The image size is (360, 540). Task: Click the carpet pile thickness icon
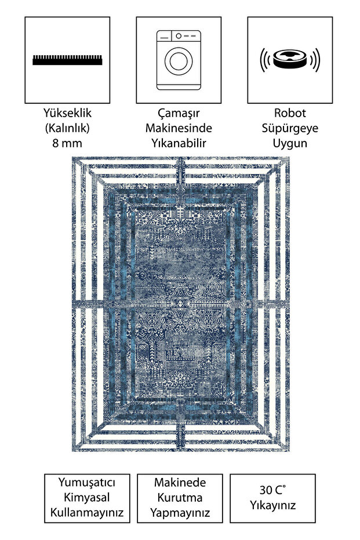(67, 60)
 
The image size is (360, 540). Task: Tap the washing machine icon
(179, 60)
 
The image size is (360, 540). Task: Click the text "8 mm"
(67, 143)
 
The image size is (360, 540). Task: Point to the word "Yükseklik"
(67, 113)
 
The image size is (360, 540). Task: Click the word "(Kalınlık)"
(67, 128)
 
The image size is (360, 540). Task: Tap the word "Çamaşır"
(179, 113)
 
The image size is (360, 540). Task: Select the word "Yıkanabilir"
(179, 143)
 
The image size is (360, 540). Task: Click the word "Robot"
(290, 113)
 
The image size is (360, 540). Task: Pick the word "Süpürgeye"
(290, 128)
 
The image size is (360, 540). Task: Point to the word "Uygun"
(290, 143)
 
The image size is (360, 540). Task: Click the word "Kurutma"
(180, 498)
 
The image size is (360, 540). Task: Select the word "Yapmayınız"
(180, 513)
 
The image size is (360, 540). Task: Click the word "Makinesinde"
(179, 128)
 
